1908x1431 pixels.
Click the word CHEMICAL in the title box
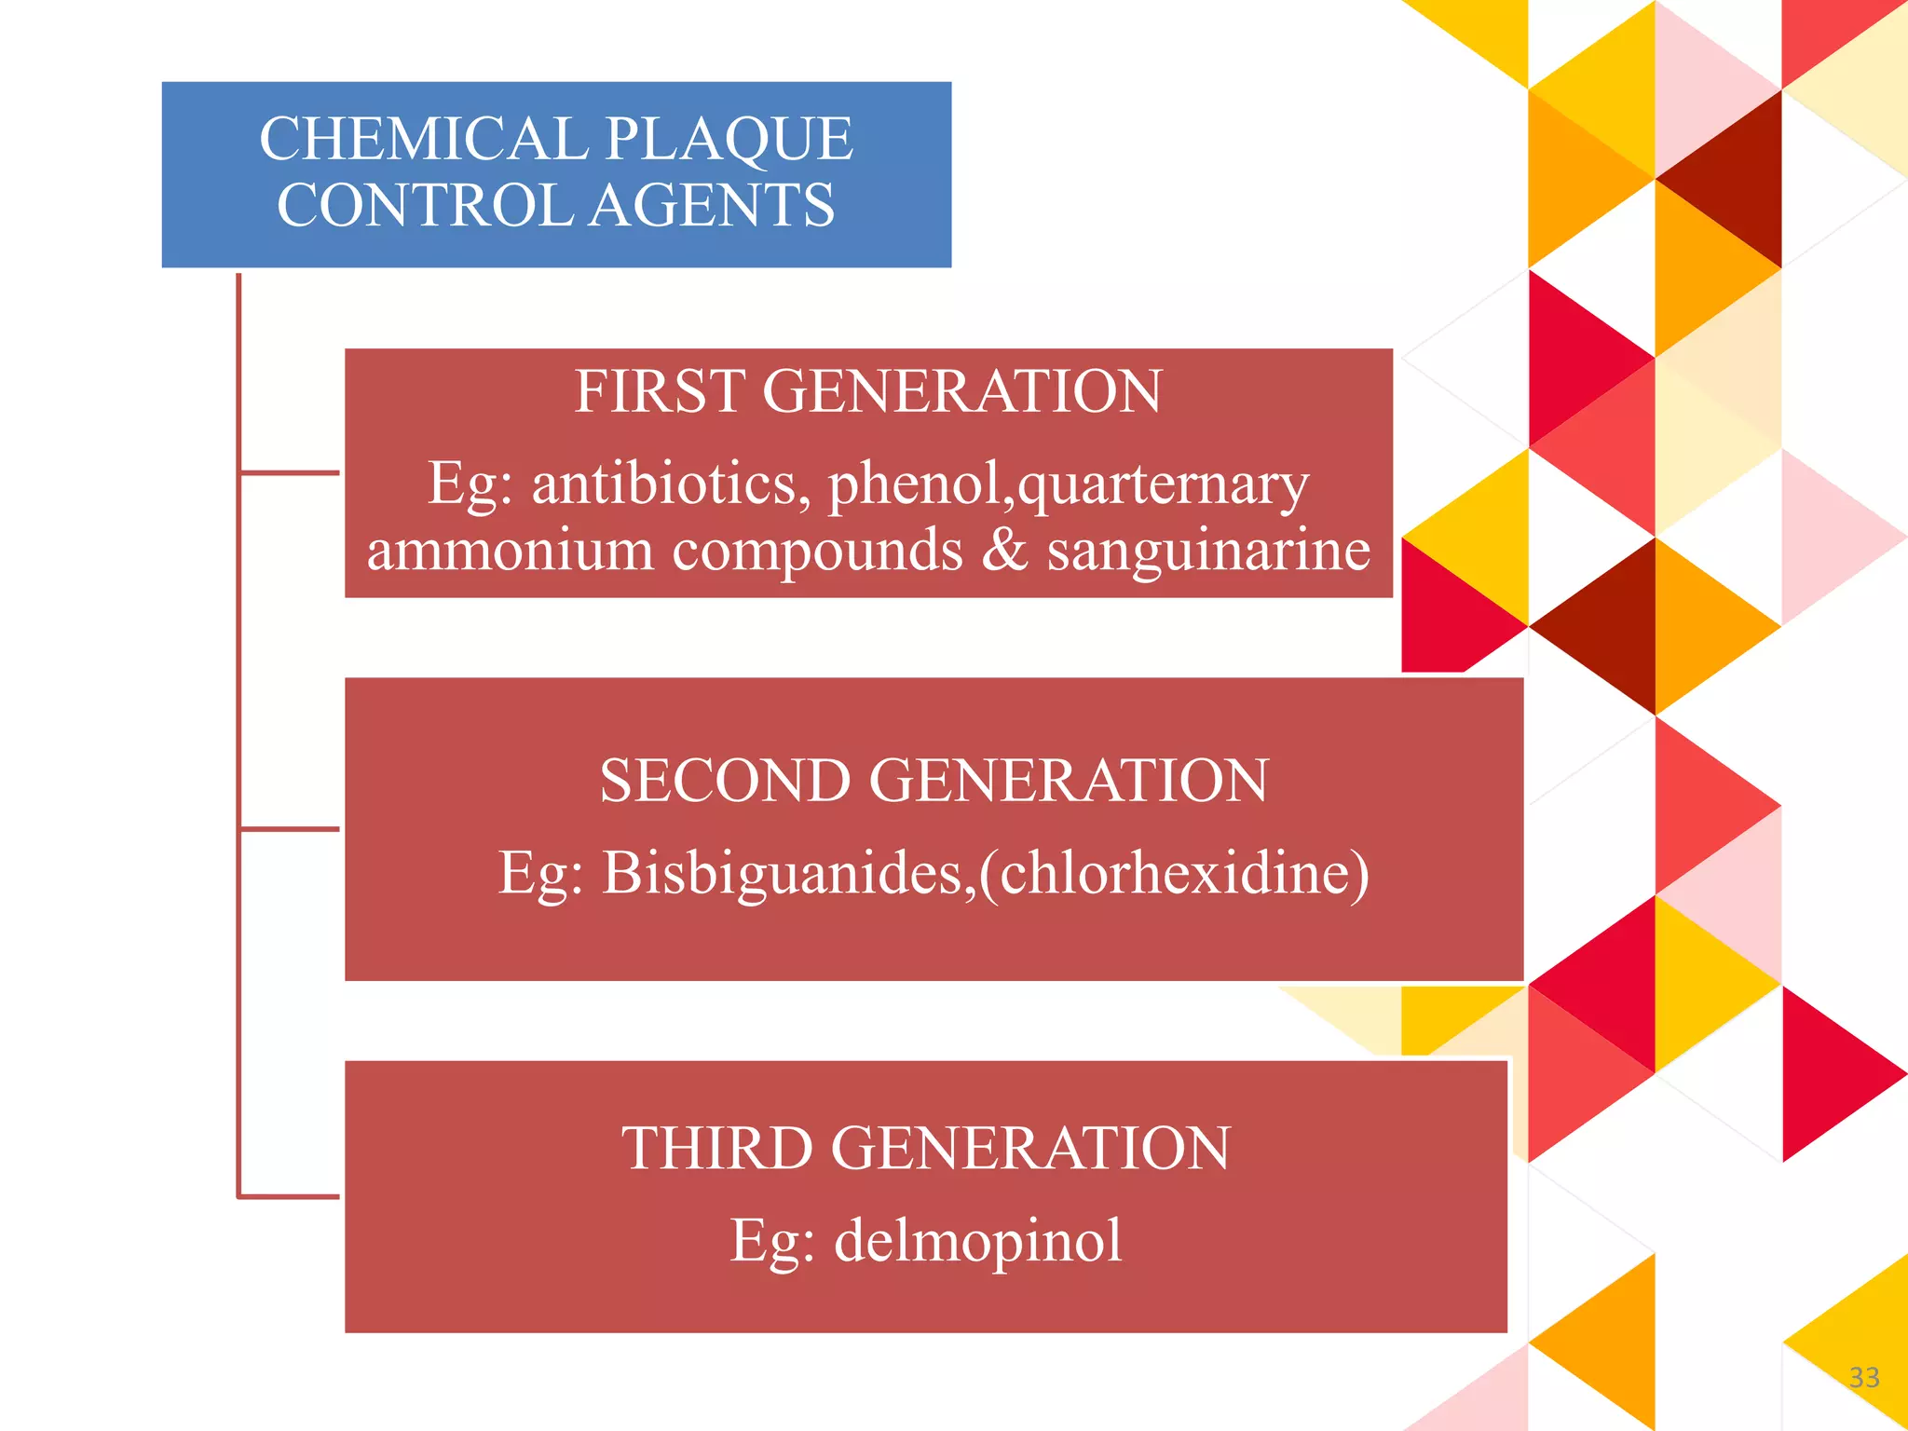(x=423, y=139)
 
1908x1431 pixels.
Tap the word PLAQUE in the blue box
(x=729, y=139)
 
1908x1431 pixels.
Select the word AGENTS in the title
(x=713, y=205)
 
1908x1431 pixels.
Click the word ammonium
(x=510, y=550)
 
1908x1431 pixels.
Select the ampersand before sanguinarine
(x=1004, y=550)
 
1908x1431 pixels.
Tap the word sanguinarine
(x=1208, y=550)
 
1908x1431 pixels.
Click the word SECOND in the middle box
(x=725, y=780)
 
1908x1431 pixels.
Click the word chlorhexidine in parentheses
(x=1174, y=873)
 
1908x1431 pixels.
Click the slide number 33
(x=1864, y=1377)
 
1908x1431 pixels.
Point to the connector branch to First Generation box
(x=290, y=473)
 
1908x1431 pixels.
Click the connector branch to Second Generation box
(x=290, y=828)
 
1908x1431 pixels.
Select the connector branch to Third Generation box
(x=290, y=1196)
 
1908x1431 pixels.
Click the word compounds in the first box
(x=817, y=550)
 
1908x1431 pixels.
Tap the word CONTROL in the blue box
(x=424, y=205)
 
